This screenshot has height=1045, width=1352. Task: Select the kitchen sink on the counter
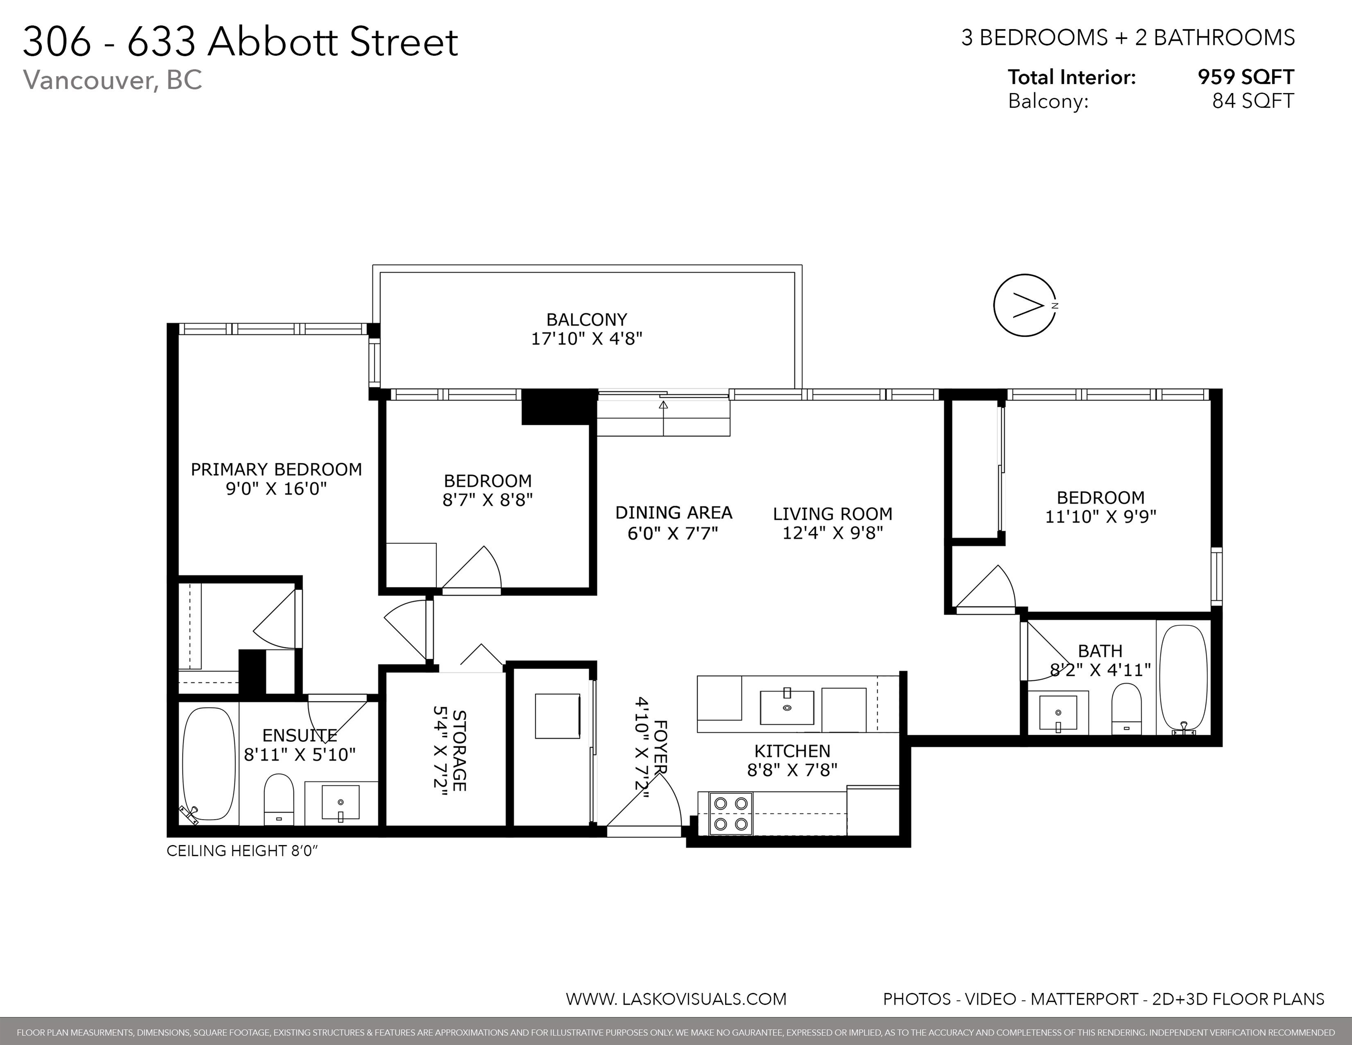[x=787, y=705]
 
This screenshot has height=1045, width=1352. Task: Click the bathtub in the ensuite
[x=209, y=765]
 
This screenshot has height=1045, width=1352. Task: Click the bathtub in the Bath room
[x=1183, y=679]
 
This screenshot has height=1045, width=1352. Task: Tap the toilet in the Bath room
[x=1127, y=708]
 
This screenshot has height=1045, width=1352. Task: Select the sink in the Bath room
[x=1058, y=713]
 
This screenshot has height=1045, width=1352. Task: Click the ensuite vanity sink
[x=341, y=804]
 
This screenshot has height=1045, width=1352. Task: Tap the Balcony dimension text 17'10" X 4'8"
[x=587, y=339]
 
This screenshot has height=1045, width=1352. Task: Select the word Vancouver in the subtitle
[x=90, y=80]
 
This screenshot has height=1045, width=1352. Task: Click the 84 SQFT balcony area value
[x=1253, y=100]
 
